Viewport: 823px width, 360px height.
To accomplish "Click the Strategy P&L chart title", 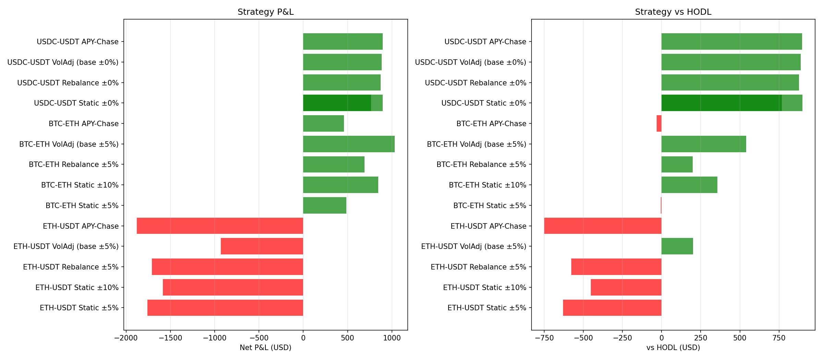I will click(x=265, y=12).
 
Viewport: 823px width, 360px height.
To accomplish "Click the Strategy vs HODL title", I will click(x=673, y=12).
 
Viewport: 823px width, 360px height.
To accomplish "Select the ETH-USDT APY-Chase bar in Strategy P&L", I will click(x=220, y=226).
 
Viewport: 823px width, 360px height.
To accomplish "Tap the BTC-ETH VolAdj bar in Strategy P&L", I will click(x=349, y=144).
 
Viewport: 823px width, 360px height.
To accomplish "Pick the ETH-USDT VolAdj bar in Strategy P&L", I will click(x=262, y=246).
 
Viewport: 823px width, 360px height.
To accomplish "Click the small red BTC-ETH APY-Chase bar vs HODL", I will click(x=659, y=123).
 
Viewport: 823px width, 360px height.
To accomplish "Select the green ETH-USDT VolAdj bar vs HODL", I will click(x=677, y=246).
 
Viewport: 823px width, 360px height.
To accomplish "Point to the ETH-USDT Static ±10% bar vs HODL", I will click(x=626, y=287).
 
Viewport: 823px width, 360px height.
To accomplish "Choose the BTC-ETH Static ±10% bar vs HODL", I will click(x=689, y=185).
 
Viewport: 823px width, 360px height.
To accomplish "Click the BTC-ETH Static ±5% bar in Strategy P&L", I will click(x=325, y=205).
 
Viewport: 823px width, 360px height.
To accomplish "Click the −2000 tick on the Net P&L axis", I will click(x=126, y=338).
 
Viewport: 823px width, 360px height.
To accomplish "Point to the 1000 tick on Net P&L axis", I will click(x=392, y=338).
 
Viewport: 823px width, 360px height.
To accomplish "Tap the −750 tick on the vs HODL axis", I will click(x=544, y=338).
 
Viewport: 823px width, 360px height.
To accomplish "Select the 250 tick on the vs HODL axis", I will click(x=701, y=338).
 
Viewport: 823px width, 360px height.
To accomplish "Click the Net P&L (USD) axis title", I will click(x=265, y=348).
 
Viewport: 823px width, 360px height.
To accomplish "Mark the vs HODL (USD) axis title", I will click(x=673, y=348).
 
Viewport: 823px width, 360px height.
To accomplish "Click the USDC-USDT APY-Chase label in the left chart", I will click(x=77, y=42).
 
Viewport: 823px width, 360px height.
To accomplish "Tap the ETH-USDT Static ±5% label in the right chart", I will click(x=487, y=308).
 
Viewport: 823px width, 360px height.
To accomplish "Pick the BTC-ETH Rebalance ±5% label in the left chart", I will click(x=73, y=165).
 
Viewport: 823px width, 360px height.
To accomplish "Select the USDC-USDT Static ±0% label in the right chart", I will click(x=484, y=103).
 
